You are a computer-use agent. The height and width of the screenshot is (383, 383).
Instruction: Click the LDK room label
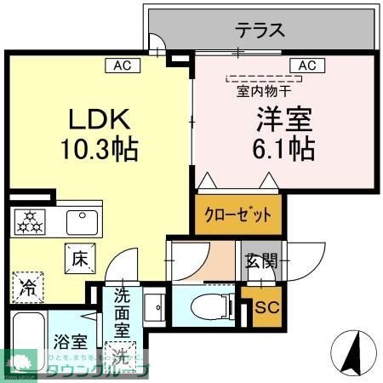(94, 117)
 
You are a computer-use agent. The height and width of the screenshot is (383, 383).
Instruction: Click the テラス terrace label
(260, 31)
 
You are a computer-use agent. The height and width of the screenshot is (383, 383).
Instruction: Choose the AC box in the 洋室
(306, 65)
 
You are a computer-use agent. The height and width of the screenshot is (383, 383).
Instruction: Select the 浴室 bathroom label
(69, 343)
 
